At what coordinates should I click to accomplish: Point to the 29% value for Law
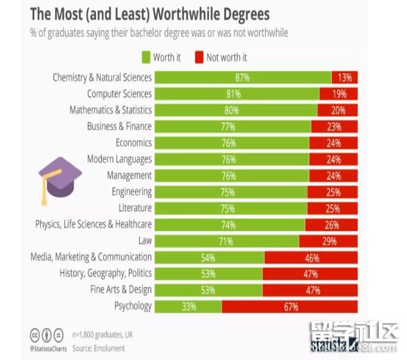coord(329,241)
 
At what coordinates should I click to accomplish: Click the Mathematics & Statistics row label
coord(110,110)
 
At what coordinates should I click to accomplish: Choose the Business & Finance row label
coord(119,126)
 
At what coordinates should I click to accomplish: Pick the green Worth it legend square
coord(146,57)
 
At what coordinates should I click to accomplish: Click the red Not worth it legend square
coord(199,57)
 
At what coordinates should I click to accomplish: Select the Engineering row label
coord(132,191)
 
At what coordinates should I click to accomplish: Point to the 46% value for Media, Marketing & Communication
coord(311,257)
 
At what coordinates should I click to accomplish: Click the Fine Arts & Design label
coord(121,289)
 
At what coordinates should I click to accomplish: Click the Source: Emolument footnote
coord(98,348)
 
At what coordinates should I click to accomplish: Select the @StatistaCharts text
coord(48,348)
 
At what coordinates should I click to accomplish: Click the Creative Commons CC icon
coord(35,335)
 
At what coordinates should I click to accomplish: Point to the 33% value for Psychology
coord(189,306)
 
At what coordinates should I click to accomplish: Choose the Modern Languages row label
coord(119,159)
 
